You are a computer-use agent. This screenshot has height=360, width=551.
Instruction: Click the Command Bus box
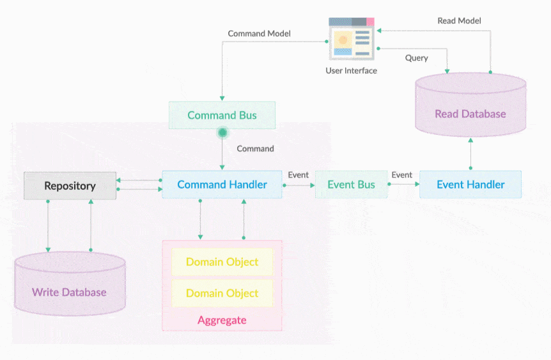222,115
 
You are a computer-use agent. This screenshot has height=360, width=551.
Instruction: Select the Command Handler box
222,185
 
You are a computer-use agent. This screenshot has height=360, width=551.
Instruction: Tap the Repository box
70,186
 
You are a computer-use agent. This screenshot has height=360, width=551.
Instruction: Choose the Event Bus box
351,185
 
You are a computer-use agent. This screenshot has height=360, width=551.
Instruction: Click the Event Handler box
470,185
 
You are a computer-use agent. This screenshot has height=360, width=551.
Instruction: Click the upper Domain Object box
222,262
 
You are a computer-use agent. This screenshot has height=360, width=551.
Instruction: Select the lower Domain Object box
222,293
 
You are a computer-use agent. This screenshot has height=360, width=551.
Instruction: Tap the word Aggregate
222,320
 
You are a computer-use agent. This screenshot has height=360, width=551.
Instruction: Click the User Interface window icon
351,38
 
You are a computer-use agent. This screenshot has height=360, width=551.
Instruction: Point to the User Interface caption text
351,70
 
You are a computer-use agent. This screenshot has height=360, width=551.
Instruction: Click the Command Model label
259,33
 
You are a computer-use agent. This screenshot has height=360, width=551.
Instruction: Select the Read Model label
459,20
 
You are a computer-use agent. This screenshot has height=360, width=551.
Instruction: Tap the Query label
416,58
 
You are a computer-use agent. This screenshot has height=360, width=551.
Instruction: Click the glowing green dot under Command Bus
222,133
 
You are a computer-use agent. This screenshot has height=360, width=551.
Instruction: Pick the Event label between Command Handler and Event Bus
298,175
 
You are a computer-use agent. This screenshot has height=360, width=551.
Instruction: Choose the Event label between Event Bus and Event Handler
401,175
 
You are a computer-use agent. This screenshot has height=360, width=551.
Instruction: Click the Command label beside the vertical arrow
255,148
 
